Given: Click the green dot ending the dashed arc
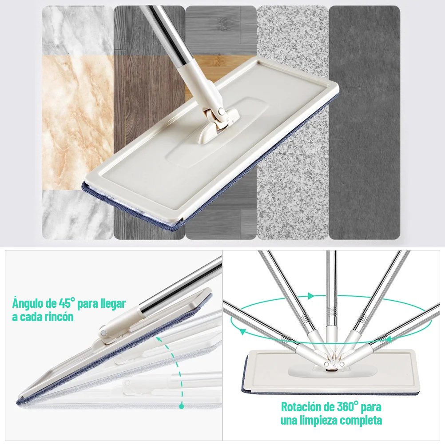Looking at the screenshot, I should point(181,405).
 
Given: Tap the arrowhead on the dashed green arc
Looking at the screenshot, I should point(157,339).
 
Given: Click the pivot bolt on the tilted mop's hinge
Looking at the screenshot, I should point(103,331).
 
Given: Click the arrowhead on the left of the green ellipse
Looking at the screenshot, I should point(241,331).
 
